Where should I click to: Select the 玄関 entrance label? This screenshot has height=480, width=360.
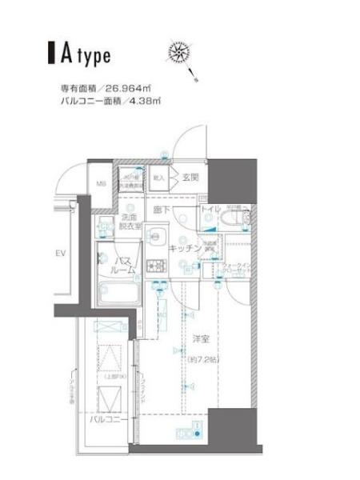click(x=190, y=178)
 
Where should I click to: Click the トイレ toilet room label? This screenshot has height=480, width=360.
click(x=210, y=210)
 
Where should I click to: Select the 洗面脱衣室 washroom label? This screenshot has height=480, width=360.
click(x=130, y=222)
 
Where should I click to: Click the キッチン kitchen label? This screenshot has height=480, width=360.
click(x=184, y=249)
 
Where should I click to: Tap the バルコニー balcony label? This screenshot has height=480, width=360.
click(x=105, y=419)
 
